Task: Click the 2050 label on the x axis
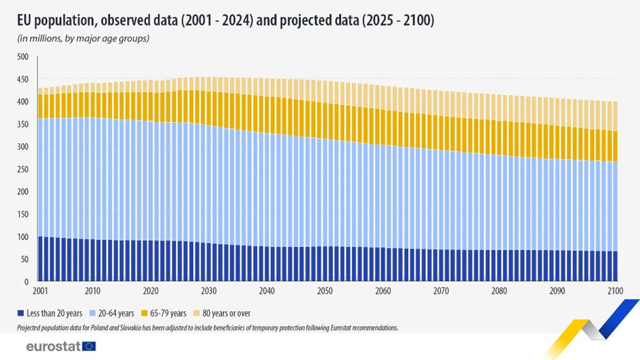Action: [325, 291]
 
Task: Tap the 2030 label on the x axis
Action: [209, 291]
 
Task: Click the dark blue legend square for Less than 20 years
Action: [22, 313]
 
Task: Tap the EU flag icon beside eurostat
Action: [89, 346]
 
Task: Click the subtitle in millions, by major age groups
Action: [83, 38]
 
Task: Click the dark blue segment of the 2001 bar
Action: [40, 259]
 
